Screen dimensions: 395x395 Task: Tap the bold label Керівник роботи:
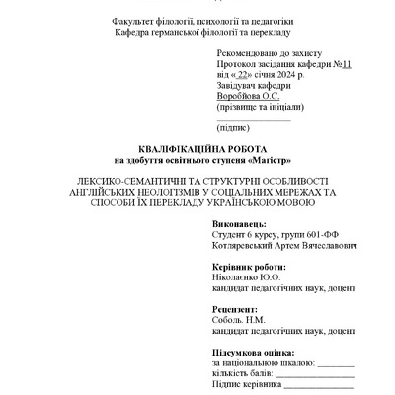point(251,268)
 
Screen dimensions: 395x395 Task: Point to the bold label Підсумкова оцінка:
point(255,354)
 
